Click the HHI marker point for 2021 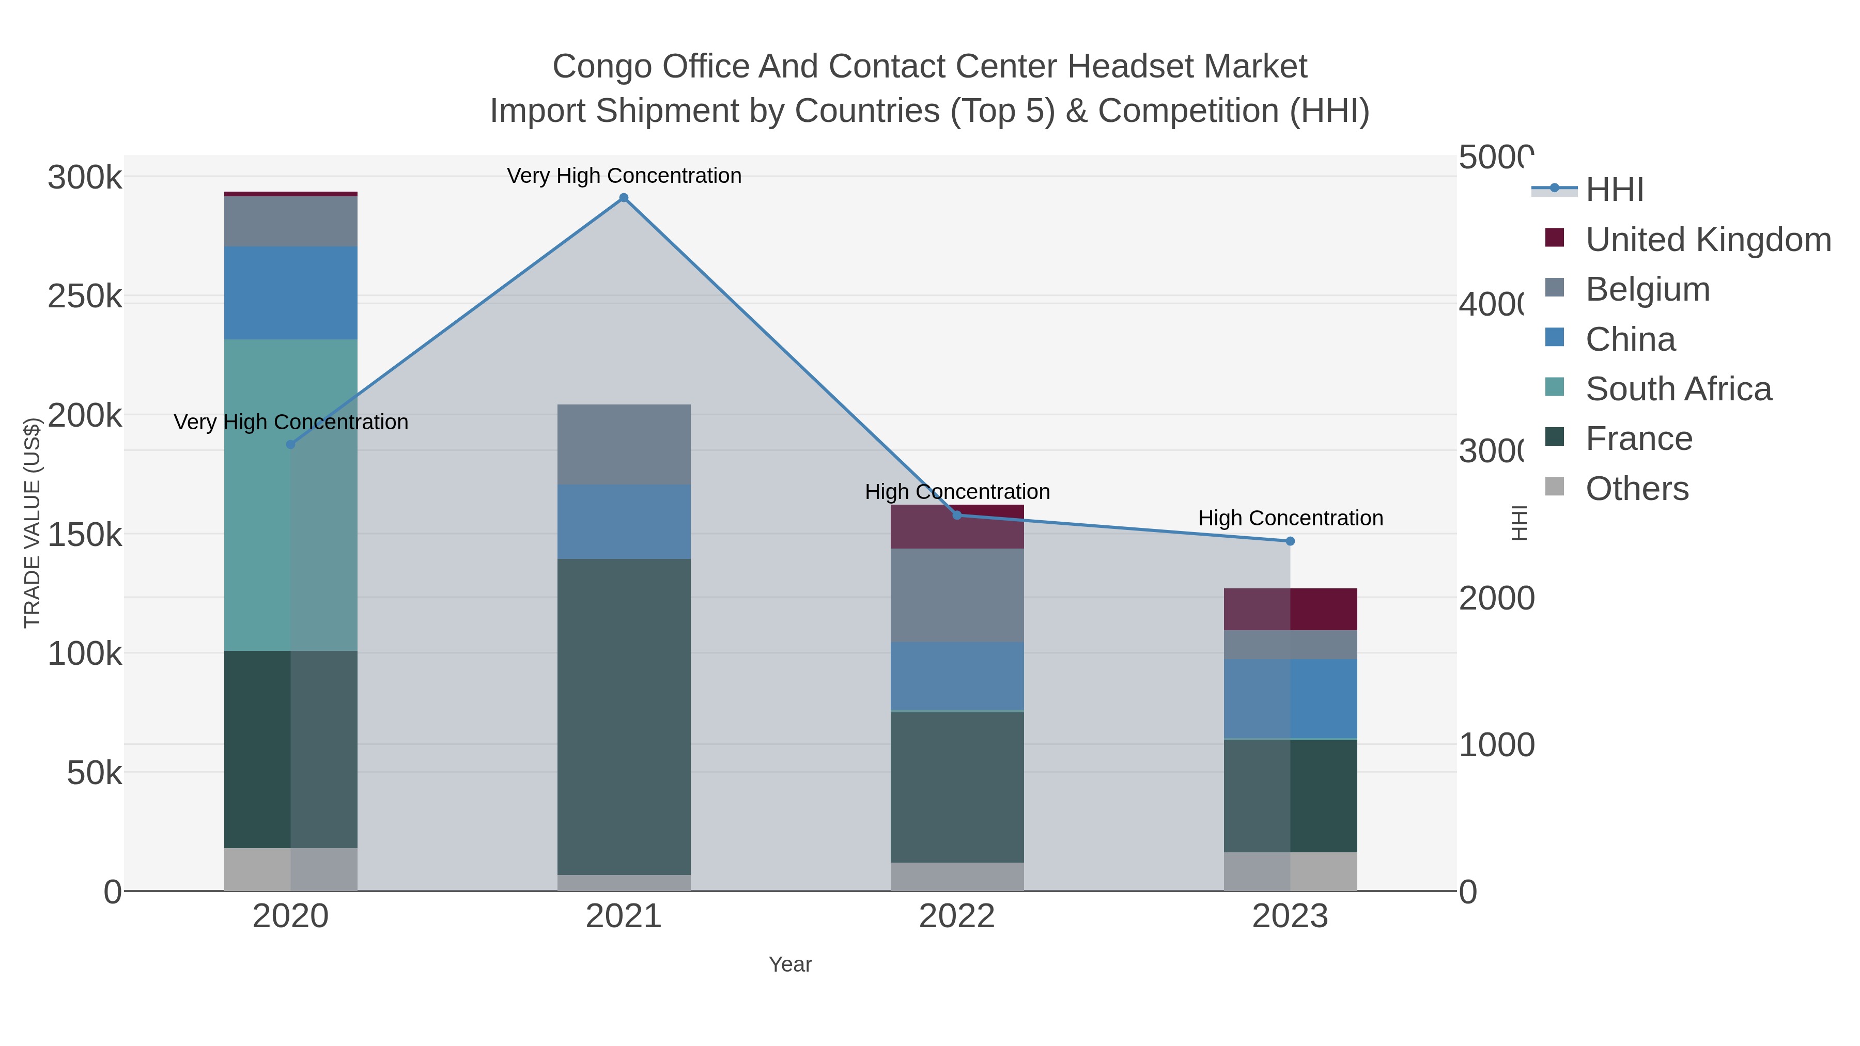click(x=624, y=198)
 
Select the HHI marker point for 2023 click(x=1290, y=541)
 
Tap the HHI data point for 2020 click(x=291, y=444)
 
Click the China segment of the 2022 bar click(x=957, y=676)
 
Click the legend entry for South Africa click(x=1678, y=389)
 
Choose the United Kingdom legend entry click(x=1708, y=240)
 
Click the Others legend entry click(x=1637, y=489)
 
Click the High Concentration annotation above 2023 click(x=1290, y=518)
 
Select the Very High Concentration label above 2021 click(x=624, y=176)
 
